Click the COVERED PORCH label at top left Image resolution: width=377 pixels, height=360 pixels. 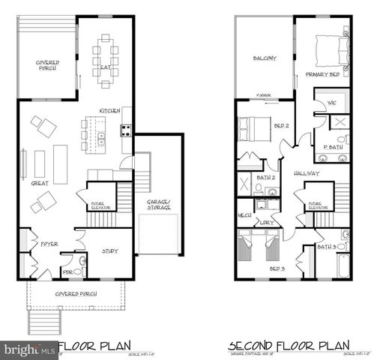click(47, 66)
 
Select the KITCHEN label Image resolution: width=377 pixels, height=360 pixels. click(109, 111)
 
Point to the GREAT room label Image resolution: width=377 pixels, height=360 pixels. click(40, 182)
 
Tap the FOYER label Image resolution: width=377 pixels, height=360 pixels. click(49, 244)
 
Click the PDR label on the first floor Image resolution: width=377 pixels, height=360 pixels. click(67, 271)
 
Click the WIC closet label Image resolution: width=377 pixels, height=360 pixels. click(331, 102)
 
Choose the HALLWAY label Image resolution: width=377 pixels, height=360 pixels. click(307, 174)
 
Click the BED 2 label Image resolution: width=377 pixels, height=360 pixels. click(281, 127)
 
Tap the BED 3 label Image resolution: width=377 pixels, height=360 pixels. click(277, 266)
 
